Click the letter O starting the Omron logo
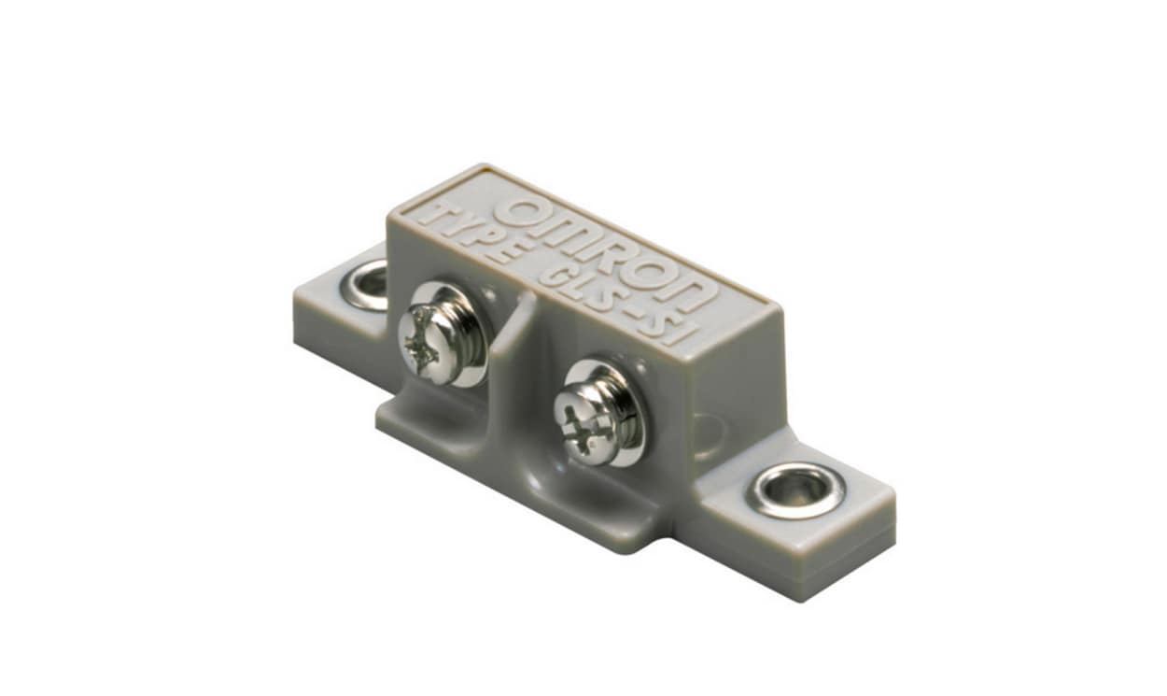tap(519, 211)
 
